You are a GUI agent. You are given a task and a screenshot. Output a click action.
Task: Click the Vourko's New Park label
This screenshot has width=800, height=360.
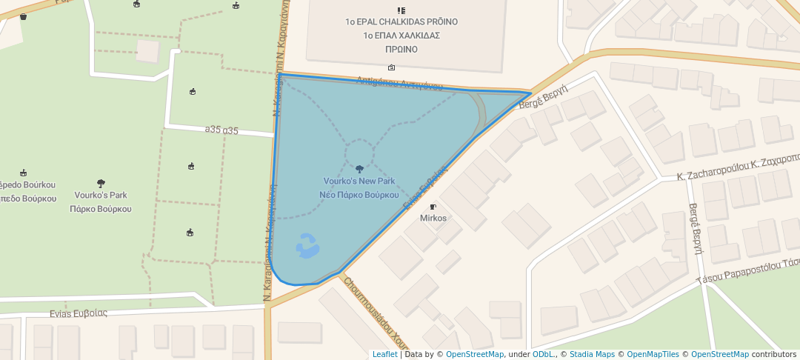(359, 181)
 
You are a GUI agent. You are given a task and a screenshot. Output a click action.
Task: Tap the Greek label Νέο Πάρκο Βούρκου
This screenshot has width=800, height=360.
(359, 194)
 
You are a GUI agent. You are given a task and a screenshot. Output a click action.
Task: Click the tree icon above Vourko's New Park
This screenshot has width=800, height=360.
(360, 169)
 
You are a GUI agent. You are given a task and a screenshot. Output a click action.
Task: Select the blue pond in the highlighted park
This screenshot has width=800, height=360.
(307, 245)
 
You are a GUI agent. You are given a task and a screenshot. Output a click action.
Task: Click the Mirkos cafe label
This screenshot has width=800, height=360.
(433, 218)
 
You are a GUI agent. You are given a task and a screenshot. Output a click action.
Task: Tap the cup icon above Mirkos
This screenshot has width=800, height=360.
(433, 207)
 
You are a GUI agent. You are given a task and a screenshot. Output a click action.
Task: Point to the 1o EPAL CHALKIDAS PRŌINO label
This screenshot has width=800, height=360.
(401, 22)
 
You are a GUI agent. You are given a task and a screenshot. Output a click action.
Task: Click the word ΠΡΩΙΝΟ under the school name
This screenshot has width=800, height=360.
(401, 50)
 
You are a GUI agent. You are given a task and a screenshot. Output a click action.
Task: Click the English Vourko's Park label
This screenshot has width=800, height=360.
(101, 196)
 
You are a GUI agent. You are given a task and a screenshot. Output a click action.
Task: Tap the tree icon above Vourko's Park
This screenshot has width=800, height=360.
(101, 183)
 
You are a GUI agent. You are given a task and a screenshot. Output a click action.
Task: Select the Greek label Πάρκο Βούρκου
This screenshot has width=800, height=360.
(101, 209)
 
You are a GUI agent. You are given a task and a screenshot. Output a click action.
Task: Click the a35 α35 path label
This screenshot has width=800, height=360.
(221, 131)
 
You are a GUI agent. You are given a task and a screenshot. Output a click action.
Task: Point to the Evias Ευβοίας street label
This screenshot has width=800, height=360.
(79, 313)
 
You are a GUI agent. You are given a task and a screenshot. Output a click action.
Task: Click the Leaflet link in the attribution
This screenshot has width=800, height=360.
(384, 354)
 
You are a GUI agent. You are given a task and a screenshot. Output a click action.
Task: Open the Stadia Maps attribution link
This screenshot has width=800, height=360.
(592, 354)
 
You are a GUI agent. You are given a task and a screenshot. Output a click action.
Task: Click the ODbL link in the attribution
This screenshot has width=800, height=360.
(544, 354)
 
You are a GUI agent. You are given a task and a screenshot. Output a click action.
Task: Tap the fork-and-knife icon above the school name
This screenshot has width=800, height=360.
(401, 10)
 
